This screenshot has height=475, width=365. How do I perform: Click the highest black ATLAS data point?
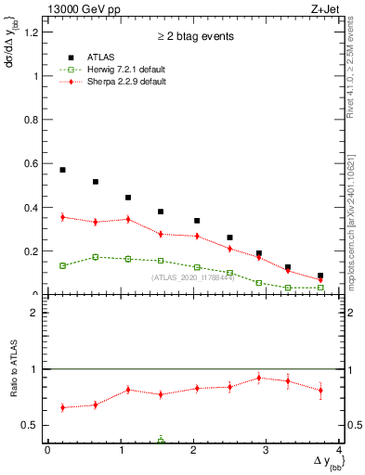62,170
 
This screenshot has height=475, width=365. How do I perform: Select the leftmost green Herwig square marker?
62,265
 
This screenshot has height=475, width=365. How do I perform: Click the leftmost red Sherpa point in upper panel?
62,217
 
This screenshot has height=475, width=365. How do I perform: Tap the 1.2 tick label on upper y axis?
31,32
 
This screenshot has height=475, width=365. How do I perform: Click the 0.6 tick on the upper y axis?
31,163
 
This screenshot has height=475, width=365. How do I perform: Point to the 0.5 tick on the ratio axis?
31,425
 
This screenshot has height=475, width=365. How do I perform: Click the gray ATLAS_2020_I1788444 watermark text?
192,276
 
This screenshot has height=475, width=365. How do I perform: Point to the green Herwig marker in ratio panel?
161,441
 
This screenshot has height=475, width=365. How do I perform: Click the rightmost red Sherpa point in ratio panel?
320,390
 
